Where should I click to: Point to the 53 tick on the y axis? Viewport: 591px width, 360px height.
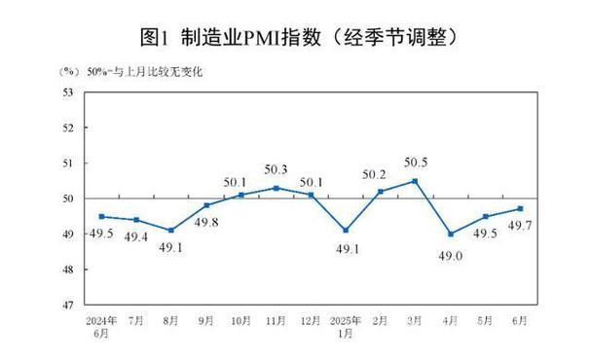click(69, 92)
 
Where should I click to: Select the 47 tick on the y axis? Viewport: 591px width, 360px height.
click(69, 306)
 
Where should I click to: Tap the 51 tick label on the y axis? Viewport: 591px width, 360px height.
click(69, 163)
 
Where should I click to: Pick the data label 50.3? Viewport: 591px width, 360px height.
click(277, 169)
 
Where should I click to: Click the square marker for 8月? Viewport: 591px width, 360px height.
click(171, 231)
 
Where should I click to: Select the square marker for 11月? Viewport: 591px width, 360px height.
click(276, 188)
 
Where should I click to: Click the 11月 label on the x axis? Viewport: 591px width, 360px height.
click(277, 319)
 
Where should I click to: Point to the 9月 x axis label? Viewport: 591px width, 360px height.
click(206, 319)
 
